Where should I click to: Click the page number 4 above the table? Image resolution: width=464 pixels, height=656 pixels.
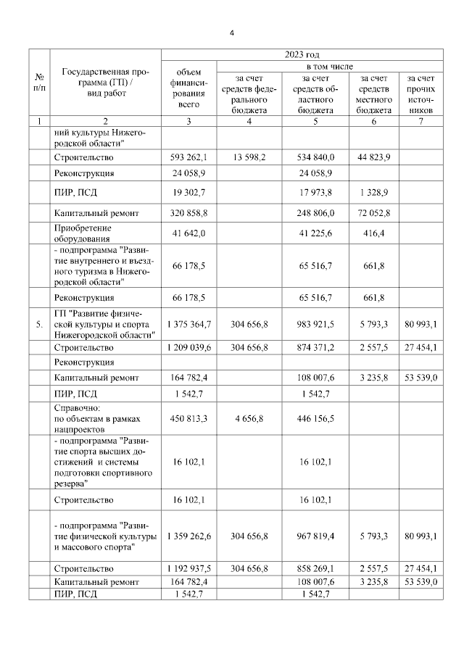coord(232,33)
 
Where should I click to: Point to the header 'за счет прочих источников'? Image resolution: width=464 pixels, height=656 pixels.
coord(421,94)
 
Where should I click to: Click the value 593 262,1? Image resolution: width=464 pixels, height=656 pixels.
coord(188,157)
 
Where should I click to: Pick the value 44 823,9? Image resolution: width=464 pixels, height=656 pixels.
coord(375,157)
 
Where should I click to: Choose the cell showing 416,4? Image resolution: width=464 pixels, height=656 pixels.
coord(375,235)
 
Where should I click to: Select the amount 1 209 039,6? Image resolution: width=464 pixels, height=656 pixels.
coord(188,347)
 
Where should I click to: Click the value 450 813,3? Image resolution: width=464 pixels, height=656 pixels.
coord(188,420)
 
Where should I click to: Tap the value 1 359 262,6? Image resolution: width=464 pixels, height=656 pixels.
coord(188,536)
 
